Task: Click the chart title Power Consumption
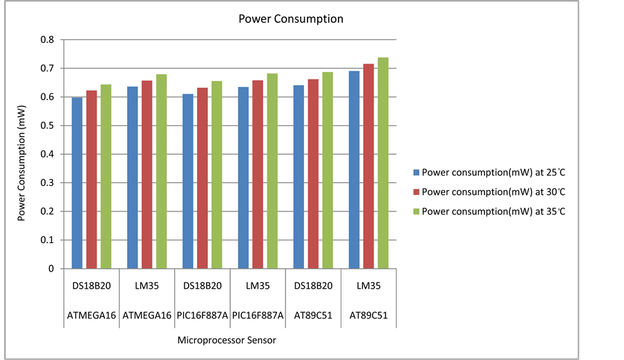(290, 19)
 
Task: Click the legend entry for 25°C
(493, 172)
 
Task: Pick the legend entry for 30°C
(493, 191)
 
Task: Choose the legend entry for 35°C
(493, 211)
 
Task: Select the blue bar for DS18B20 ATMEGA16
(77, 183)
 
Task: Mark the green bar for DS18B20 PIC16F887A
(216, 175)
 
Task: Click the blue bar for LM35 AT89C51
(354, 170)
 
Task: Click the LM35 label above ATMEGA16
(146, 286)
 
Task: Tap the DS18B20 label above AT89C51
(313, 286)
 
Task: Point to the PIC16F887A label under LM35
(257, 315)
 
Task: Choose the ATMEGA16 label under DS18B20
(91, 315)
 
